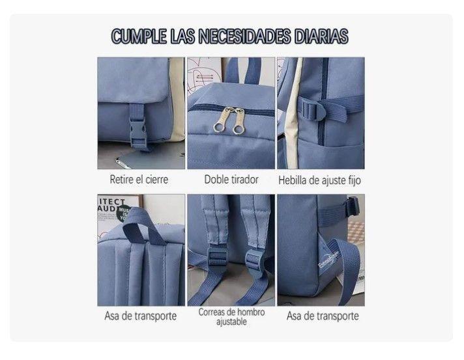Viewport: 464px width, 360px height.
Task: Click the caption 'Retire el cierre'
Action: point(139,180)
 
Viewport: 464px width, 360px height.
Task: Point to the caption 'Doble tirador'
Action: point(231,180)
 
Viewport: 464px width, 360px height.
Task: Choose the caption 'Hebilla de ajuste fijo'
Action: point(319,180)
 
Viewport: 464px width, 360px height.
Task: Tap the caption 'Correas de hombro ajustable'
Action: point(231,316)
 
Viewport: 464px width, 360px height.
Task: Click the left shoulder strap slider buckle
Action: point(217,256)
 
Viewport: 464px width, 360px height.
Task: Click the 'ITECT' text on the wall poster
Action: point(113,202)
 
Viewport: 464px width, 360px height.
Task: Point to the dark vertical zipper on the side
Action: point(323,100)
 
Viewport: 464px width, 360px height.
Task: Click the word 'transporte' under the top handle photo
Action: point(155,316)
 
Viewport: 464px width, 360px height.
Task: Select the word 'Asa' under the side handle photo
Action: point(294,316)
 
